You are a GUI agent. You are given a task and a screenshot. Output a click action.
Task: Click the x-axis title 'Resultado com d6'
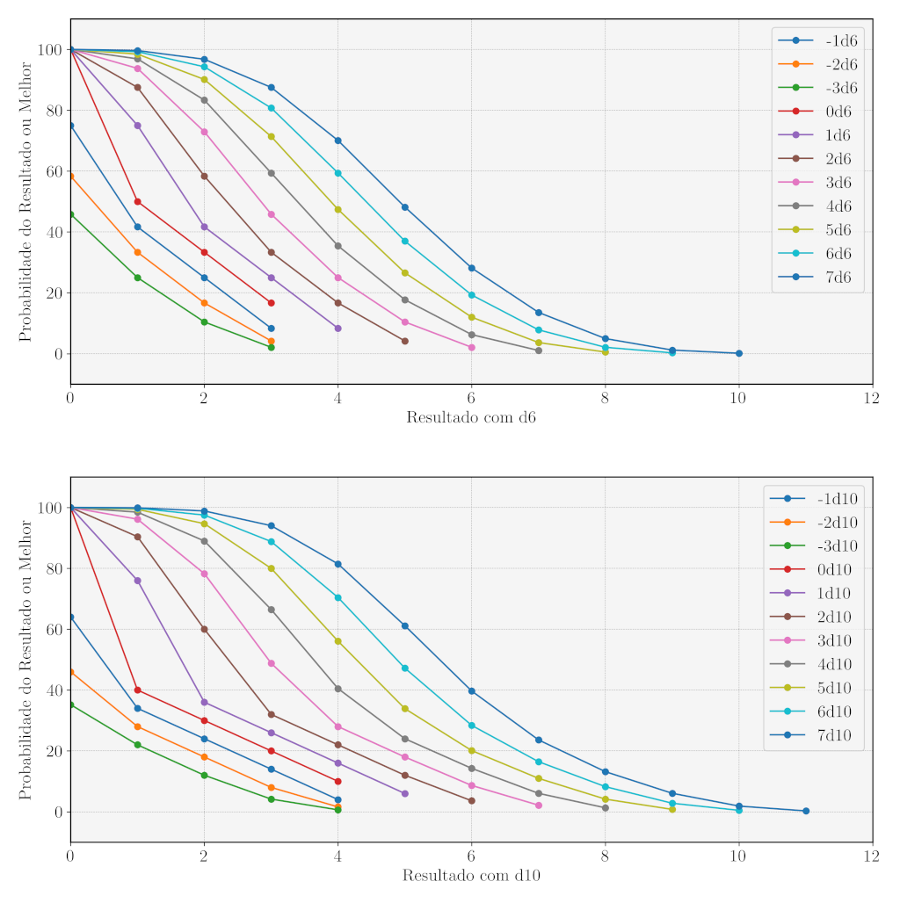[471, 417]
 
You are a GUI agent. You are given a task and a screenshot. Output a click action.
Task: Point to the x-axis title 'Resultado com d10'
[471, 876]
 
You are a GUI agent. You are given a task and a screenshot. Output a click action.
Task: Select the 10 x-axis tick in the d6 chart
[738, 397]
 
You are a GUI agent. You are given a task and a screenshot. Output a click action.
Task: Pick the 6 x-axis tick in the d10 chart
[471, 856]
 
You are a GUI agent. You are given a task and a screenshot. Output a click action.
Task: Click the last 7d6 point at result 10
[738, 353]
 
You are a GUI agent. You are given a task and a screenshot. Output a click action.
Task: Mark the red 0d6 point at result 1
[137, 201]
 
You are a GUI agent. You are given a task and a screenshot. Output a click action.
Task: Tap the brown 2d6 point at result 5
[404, 341]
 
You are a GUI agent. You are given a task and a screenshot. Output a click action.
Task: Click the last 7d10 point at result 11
[805, 811]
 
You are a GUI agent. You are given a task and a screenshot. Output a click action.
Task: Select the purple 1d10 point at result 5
[404, 793]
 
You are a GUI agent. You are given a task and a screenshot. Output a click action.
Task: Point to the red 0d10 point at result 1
[137, 690]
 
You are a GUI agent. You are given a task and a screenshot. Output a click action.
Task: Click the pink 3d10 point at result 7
[538, 805]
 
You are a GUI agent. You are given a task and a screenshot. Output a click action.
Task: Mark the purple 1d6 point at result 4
[337, 329]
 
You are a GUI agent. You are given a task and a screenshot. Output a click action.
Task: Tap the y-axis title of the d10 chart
[25, 660]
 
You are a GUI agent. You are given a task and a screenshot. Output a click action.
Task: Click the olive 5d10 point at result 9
[671, 809]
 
